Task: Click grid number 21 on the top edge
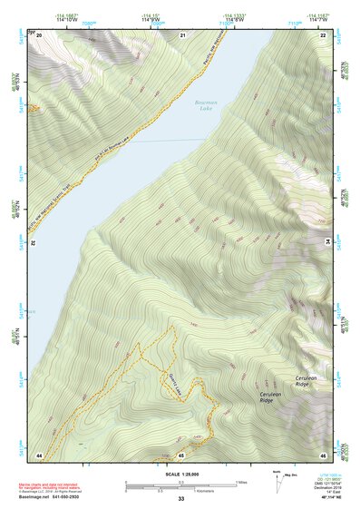tap(182, 34)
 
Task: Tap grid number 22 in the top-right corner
tap(323, 34)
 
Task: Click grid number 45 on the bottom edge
tap(181, 454)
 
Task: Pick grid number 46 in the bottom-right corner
tap(323, 454)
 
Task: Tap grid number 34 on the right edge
tap(326, 242)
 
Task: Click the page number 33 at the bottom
tap(180, 500)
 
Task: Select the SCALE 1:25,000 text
tap(180, 474)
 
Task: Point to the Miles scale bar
tap(181, 482)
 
